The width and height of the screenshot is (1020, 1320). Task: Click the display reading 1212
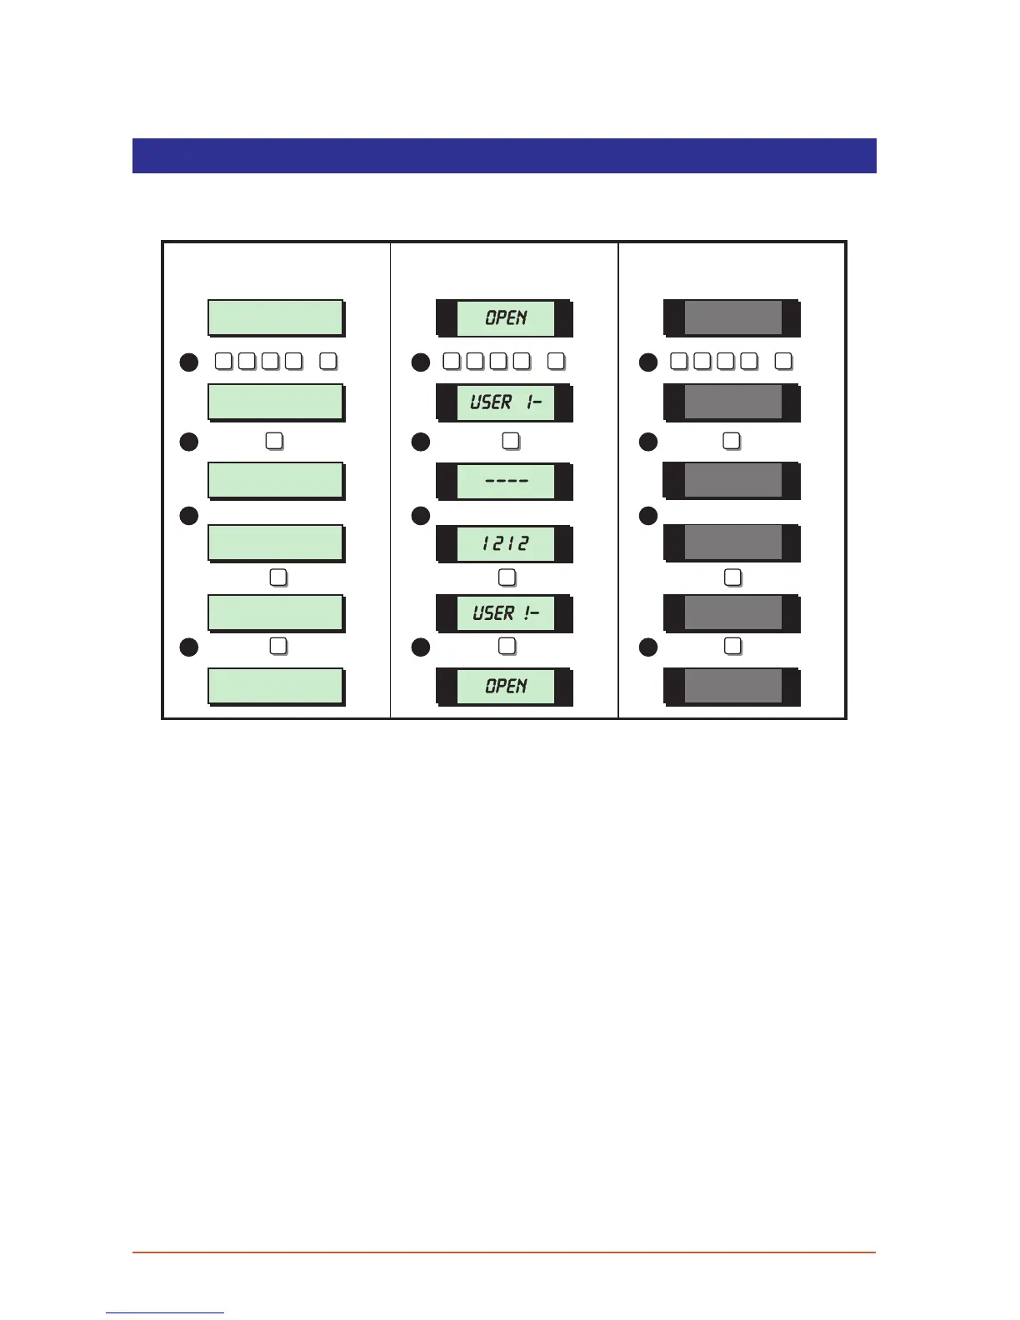tap(505, 543)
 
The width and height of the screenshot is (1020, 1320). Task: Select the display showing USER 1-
tap(505, 402)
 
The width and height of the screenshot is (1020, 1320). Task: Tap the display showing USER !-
tap(505, 613)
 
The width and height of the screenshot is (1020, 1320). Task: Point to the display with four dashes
tap(505, 481)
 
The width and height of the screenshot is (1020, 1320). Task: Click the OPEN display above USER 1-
tap(505, 317)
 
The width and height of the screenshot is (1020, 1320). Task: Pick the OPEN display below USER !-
tap(505, 686)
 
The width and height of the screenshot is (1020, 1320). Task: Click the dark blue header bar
tap(504, 156)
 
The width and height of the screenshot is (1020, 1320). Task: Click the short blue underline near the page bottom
tap(165, 1312)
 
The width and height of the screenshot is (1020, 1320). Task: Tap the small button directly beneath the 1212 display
tap(507, 577)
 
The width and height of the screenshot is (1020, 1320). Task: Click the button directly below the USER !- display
tap(507, 646)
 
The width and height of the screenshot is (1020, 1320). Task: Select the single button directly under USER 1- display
tap(510, 441)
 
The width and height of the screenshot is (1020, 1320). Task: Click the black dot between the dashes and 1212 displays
tap(421, 517)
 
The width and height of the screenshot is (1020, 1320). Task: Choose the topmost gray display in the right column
tap(732, 317)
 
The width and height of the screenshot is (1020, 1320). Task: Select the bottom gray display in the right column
tap(732, 686)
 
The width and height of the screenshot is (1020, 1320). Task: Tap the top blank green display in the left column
tap(275, 317)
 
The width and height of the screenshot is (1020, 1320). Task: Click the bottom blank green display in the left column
tap(275, 686)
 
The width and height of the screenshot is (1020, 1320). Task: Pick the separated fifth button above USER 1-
tap(557, 361)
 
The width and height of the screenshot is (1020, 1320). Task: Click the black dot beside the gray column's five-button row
tap(648, 362)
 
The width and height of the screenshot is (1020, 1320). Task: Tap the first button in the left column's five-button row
tap(223, 361)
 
